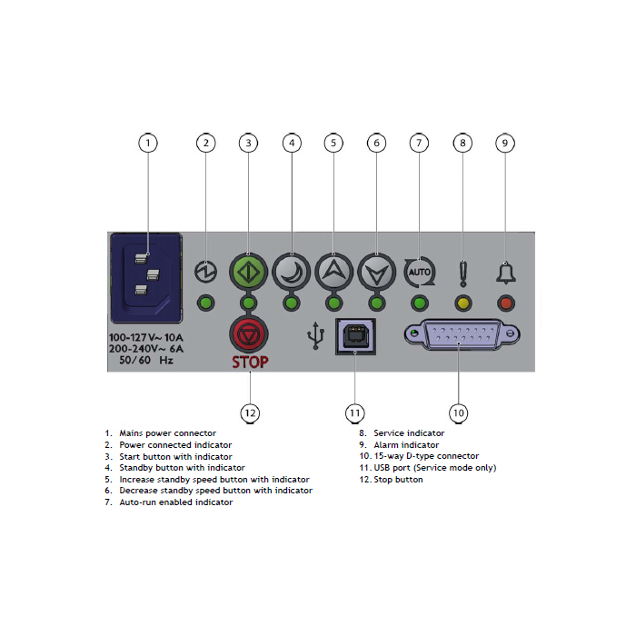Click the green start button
[x=248, y=271]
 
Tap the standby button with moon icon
[x=291, y=270]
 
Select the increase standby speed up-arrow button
[x=333, y=270]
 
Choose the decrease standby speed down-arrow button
[x=375, y=270]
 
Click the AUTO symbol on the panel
[x=419, y=271]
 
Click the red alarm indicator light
[x=506, y=303]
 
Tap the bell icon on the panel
[x=506, y=271]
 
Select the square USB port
[x=354, y=336]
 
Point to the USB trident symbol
[x=315, y=337]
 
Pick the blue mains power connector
[x=145, y=278]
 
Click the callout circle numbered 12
[x=250, y=412]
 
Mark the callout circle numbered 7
[x=419, y=143]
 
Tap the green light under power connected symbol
[x=206, y=303]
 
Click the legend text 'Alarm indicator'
[x=406, y=445]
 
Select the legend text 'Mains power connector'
[x=167, y=433]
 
